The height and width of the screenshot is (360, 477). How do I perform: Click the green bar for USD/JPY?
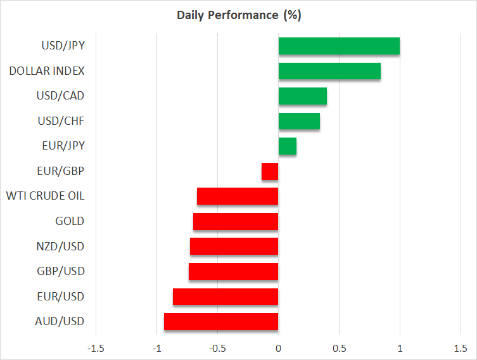[339, 46]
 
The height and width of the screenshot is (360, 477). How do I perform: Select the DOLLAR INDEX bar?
[329, 71]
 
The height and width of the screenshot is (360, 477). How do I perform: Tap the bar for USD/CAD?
[302, 96]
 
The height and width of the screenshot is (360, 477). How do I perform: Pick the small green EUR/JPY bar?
[287, 146]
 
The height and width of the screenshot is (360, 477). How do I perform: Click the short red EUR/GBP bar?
[270, 171]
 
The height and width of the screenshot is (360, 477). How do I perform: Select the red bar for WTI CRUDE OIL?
[238, 196]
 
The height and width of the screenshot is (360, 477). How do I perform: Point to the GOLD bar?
[236, 221]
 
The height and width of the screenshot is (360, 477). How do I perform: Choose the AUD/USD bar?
[221, 321]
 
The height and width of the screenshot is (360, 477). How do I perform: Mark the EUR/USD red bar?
[226, 297]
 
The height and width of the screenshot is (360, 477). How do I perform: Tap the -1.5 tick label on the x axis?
[96, 349]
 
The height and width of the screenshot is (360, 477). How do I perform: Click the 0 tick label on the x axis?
[278, 349]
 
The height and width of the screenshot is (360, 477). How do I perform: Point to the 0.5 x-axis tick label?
[339, 349]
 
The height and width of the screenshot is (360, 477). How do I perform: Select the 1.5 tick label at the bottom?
[460, 349]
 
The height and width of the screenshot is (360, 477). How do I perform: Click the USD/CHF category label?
[61, 121]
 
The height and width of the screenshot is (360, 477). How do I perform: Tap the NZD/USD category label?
[61, 246]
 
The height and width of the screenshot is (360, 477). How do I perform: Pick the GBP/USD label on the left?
[61, 271]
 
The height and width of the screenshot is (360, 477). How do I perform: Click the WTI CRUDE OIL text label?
[45, 196]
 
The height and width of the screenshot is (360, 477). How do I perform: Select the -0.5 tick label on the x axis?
[217, 349]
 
